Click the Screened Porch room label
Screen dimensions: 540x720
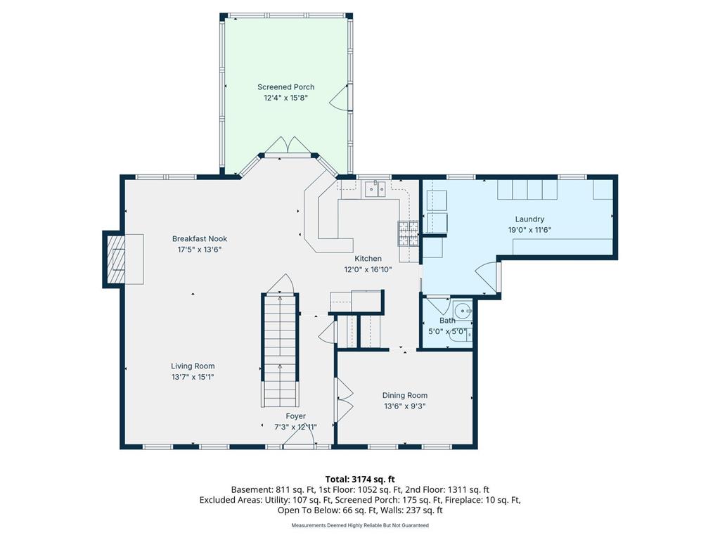(285, 87)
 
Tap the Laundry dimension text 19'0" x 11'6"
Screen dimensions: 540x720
(529, 230)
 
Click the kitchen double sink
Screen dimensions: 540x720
(375, 188)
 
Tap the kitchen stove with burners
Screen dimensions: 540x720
(409, 233)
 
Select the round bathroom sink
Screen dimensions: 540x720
(463, 310)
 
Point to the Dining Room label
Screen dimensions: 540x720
(404, 395)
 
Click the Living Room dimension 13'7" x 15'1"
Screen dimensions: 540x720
(193, 377)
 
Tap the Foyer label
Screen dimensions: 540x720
(295, 416)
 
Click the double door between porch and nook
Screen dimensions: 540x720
(285, 146)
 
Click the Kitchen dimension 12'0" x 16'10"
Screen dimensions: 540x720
(368, 269)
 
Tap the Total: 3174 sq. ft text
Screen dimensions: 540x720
(360, 480)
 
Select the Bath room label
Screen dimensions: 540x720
(447, 321)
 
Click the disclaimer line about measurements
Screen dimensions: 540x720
(360, 525)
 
